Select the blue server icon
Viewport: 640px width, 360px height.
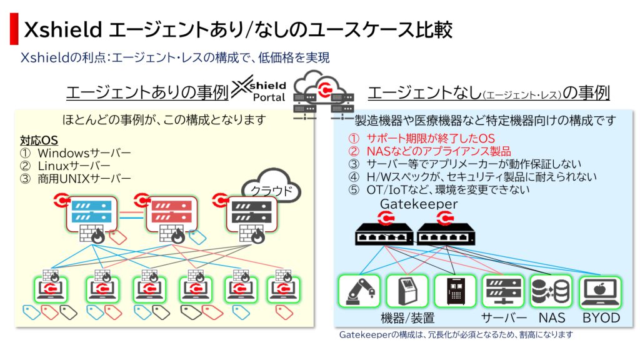[92, 212]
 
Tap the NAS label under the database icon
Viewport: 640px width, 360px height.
[552, 317]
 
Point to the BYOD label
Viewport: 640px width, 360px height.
[601, 317]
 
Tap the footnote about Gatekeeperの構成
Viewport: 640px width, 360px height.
[456, 335]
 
